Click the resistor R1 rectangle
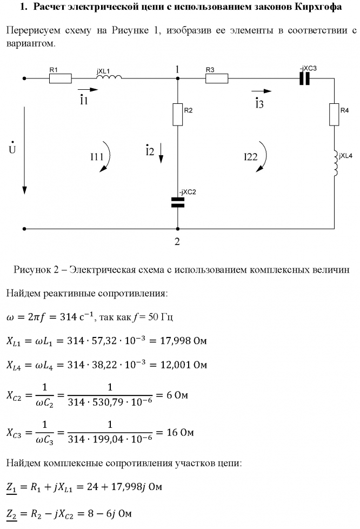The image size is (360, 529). (x=60, y=79)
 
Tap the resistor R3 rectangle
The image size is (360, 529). (x=217, y=79)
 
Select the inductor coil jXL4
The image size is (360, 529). (x=335, y=162)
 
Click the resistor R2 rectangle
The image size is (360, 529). (x=178, y=114)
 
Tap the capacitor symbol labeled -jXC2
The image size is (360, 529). (x=178, y=202)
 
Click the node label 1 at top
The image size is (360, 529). (x=177, y=69)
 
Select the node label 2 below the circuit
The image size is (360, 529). (x=177, y=241)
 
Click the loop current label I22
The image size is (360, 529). (x=250, y=157)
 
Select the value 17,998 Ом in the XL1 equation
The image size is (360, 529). (x=185, y=341)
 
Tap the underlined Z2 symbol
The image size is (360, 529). (x=12, y=512)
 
